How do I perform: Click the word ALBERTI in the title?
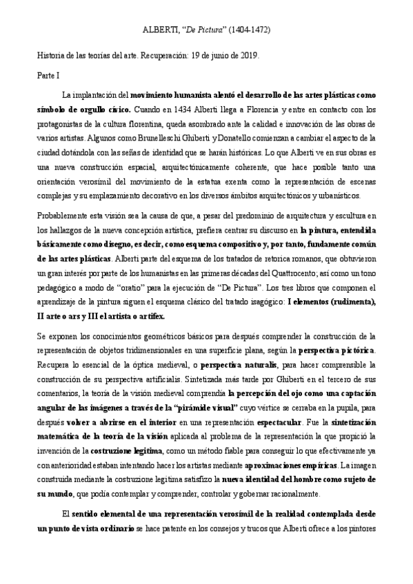click(157, 31)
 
